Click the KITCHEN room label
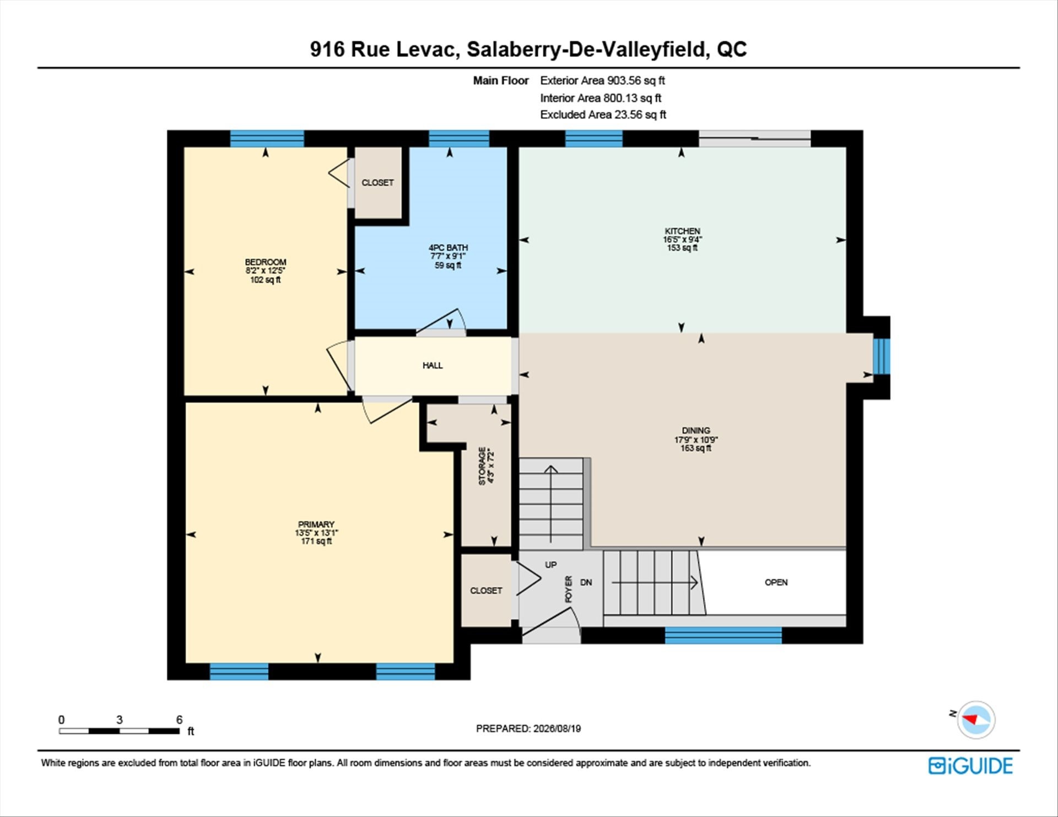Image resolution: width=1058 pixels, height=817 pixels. (x=682, y=231)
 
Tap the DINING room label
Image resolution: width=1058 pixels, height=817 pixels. (x=696, y=430)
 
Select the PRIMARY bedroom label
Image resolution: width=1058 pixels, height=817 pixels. (x=316, y=524)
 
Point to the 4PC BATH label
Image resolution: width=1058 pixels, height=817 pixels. (x=448, y=248)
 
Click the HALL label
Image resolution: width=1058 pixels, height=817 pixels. (x=433, y=365)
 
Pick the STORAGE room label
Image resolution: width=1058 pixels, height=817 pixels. (x=482, y=466)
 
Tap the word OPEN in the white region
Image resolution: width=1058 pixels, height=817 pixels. (x=776, y=582)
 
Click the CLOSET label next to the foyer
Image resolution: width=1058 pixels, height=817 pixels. (x=486, y=591)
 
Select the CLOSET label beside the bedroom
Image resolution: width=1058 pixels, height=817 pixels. (x=377, y=182)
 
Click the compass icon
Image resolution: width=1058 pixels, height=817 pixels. (x=976, y=719)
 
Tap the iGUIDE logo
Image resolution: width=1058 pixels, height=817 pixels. (x=970, y=766)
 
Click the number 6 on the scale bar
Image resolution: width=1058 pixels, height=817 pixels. (x=179, y=719)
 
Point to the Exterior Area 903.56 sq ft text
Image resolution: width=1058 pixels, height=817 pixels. (x=602, y=80)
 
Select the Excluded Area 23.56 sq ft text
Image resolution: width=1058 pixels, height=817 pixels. (x=603, y=115)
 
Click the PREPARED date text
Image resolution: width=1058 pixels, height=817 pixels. (x=528, y=728)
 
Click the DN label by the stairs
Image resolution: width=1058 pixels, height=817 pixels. (x=586, y=582)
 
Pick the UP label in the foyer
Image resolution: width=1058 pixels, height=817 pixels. (x=551, y=565)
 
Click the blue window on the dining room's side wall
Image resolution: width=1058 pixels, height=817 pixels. (x=882, y=356)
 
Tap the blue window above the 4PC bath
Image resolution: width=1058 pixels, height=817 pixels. (x=459, y=138)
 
